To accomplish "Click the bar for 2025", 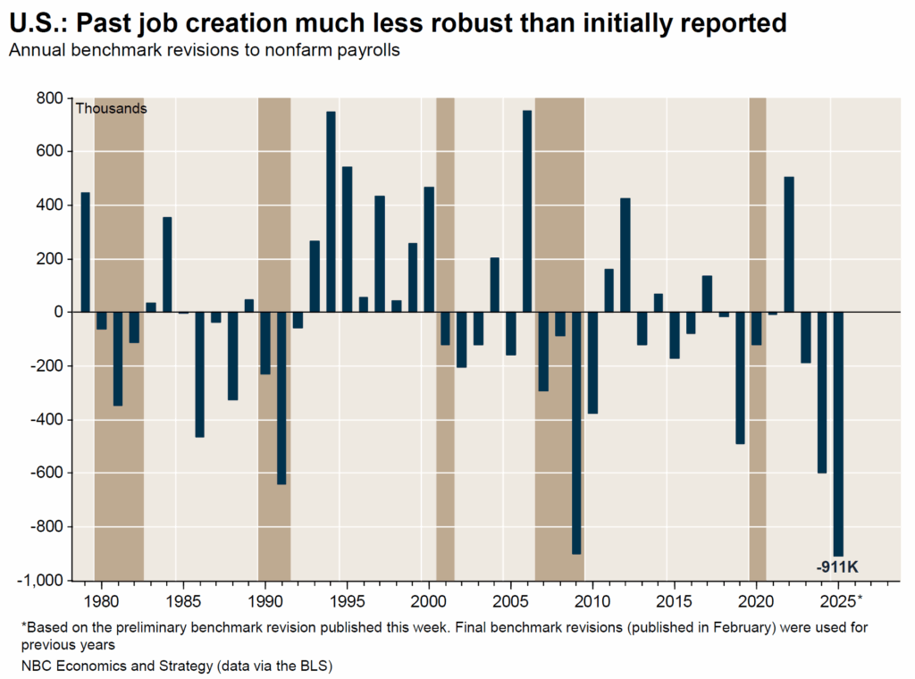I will click(838, 433).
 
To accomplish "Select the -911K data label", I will click(837, 566).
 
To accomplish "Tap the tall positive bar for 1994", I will click(331, 212).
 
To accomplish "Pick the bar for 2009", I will click(576, 433).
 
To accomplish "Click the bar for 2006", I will click(527, 212).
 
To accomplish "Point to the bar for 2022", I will click(789, 245).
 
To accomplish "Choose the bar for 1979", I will click(86, 253).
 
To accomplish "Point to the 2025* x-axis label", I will click(841, 599).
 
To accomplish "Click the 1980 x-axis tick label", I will click(102, 599).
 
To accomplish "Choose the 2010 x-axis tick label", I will click(592, 599).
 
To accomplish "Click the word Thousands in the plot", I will click(111, 109).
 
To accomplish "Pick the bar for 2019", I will click(740, 378).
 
